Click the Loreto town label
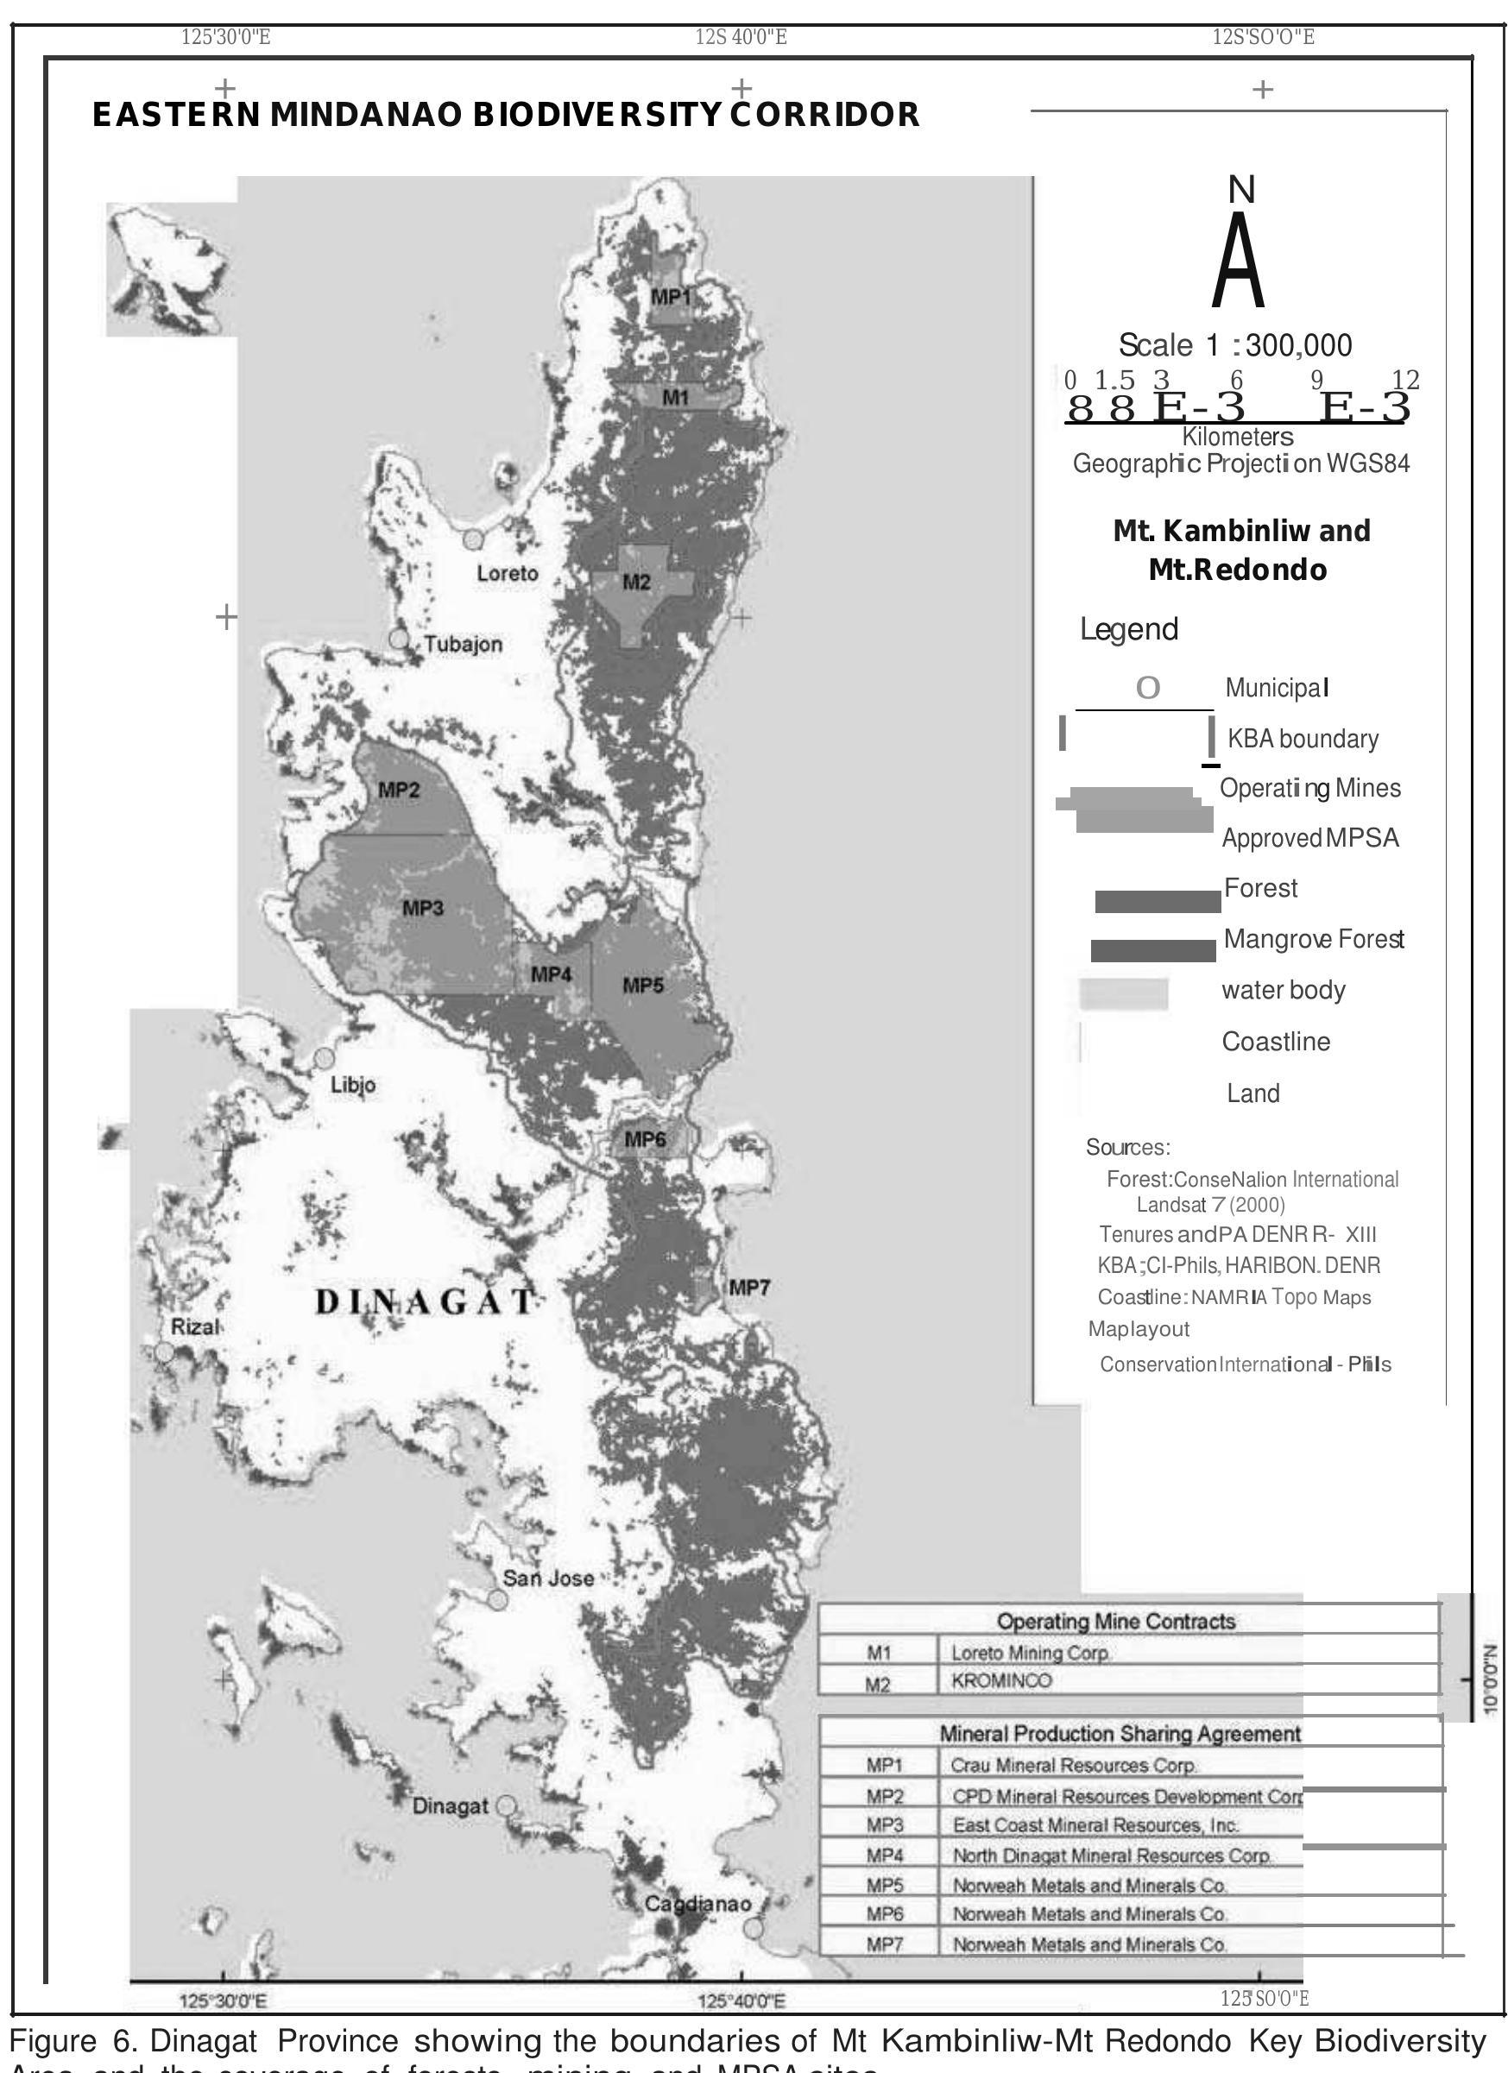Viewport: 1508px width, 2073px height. pyautogui.click(x=508, y=574)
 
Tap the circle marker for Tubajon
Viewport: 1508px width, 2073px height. pyautogui.click(x=399, y=639)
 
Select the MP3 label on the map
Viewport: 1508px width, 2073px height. pyautogui.click(x=422, y=909)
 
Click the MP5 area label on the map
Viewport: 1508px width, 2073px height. pyautogui.click(x=642, y=986)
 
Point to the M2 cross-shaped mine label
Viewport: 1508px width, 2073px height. pyautogui.click(x=636, y=583)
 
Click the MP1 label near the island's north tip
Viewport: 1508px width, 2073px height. pyautogui.click(x=671, y=296)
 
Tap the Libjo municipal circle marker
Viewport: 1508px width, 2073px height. pyautogui.click(x=324, y=1057)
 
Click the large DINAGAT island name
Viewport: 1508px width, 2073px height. pyautogui.click(x=425, y=1302)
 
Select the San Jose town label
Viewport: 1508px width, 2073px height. pyautogui.click(x=548, y=1578)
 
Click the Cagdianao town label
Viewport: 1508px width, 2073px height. pyautogui.click(x=697, y=1904)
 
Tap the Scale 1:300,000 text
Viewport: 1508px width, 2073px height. pyautogui.click(x=1234, y=345)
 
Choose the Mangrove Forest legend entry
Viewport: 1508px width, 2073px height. pyautogui.click(x=1312, y=939)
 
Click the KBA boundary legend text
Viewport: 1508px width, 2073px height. pyautogui.click(x=1303, y=739)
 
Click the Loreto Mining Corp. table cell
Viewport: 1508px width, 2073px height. pyautogui.click(x=1030, y=1653)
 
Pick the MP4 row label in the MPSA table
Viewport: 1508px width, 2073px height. pyautogui.click(x=884, y=1856)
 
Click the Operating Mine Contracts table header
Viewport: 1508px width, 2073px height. pyautogui.click(x=1115, y=1622)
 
